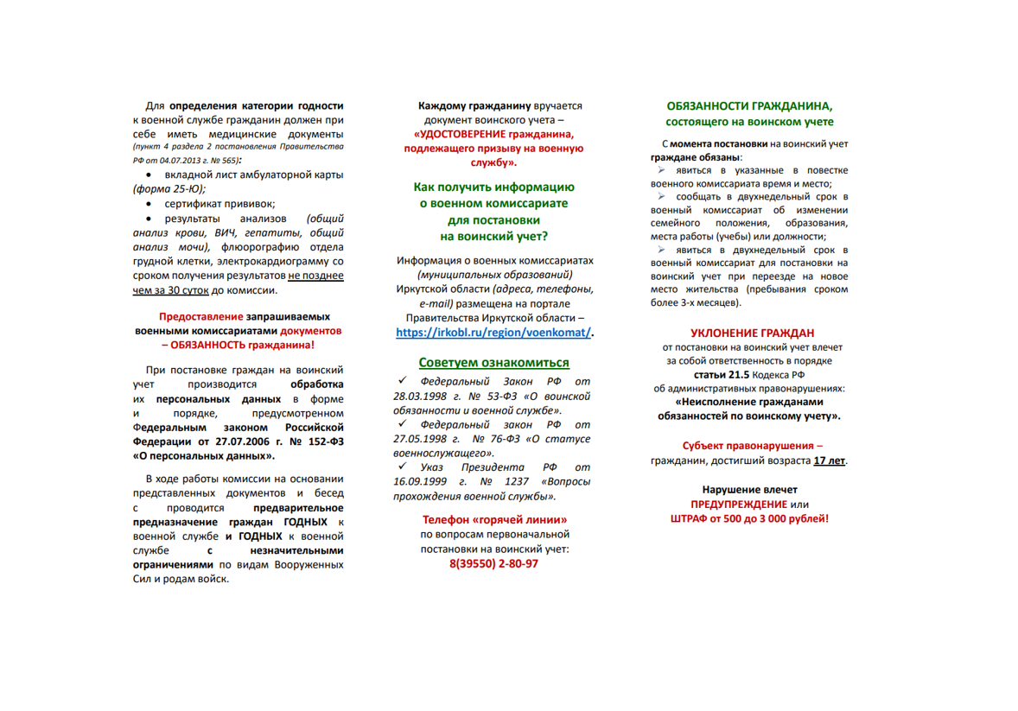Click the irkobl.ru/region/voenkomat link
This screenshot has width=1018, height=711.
493,333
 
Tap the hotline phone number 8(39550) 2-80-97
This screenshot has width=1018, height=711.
493,563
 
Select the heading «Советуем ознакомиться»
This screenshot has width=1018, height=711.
493,362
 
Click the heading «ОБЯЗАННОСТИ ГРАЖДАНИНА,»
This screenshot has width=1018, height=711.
749,105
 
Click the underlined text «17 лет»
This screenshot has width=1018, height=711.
830,460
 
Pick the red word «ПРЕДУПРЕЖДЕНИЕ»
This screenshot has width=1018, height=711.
738,504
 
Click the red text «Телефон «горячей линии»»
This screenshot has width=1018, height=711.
493,520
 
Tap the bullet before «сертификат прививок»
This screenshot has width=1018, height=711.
149,204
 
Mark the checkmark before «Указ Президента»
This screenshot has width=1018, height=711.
402,466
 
